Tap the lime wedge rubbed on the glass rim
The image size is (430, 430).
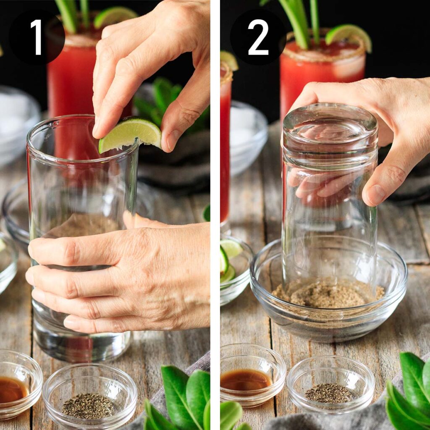130,134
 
